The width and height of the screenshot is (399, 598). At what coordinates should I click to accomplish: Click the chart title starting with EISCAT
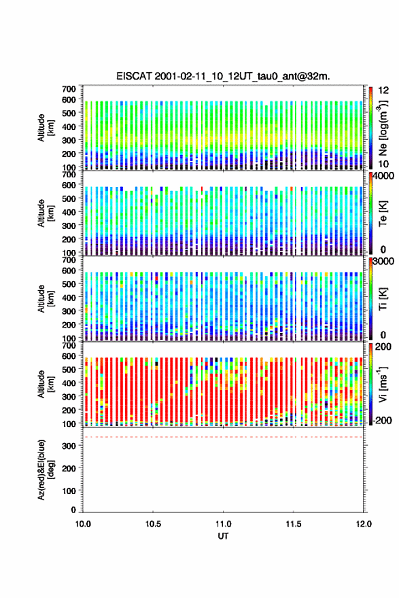click(223, 76)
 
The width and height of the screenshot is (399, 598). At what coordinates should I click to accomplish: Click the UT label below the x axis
click(223, 536)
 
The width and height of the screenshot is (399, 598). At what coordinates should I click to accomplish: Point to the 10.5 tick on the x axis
click(153, 524)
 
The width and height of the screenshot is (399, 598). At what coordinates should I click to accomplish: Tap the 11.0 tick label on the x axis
click(223, 524)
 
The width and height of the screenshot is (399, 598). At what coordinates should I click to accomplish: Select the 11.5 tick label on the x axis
click(294, 524)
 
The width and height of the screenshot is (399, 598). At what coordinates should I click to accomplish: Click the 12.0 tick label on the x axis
click(364, 524)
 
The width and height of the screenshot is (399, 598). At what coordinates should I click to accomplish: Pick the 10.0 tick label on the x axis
click(83, 524)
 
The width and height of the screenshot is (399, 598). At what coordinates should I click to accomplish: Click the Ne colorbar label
click(383, 127)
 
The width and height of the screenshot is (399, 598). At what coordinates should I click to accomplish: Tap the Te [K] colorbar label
click(383, 213)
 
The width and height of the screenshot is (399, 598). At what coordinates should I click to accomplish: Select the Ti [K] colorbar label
click(383, 299)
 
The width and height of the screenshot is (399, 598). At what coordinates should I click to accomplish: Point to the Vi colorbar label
click(383, 384)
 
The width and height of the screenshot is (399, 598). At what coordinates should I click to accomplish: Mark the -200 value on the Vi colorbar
click(382, 420)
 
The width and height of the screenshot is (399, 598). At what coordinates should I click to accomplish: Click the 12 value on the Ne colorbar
click(383, 90)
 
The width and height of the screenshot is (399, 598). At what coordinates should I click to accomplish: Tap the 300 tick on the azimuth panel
click(69, 446)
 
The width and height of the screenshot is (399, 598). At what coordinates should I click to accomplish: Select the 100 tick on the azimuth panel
click(69, 491)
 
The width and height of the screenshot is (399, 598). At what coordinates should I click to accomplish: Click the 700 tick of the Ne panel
click(69, 89)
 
